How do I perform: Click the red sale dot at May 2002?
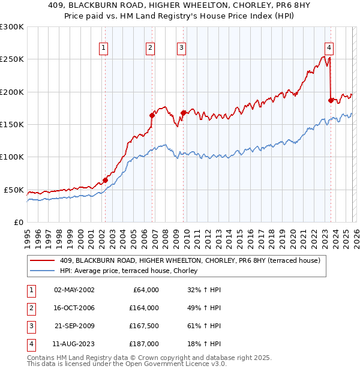[105, 180]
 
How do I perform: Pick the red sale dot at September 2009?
[183, 113]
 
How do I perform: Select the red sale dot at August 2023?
[331, 100]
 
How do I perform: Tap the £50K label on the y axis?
[13, 190]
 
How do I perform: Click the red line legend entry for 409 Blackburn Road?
[190, 260]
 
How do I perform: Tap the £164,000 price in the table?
[144, 308]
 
